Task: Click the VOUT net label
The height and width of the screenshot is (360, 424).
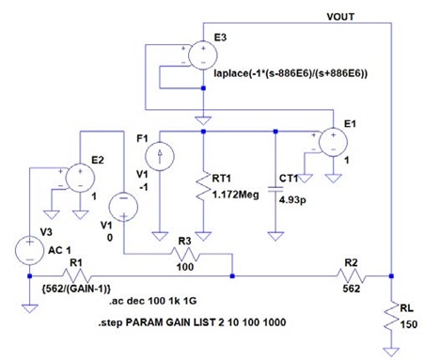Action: [340, 17]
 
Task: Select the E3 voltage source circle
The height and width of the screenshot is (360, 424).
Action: [203, 55]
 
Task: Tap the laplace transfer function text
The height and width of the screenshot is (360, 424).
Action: [291, 73]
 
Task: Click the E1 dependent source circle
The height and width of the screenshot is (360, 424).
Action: [333, 142]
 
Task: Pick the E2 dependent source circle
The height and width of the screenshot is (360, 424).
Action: [80, 178]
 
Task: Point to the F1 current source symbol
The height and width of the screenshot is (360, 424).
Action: [160, 156]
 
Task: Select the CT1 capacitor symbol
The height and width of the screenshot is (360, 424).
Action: [275, 189]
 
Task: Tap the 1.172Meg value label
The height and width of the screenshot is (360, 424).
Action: [236, 195]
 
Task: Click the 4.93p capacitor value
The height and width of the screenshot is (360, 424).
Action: [292, 199]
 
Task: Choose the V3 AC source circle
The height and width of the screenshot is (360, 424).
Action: [30, 251]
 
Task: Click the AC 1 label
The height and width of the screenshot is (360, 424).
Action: [59, 250]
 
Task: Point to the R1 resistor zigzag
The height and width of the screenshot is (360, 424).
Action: [76, 276]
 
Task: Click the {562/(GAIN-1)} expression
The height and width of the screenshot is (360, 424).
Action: [76, 289]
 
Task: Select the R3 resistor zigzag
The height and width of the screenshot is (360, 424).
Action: [185, 254]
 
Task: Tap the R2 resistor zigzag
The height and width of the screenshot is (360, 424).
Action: [351, 276]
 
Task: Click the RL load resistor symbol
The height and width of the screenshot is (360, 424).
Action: [391, 318]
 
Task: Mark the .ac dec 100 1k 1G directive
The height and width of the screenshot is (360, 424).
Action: [153, 301]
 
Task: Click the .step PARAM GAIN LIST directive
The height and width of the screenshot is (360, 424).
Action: [192, 322]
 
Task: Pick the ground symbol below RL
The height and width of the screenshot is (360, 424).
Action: [391, 352]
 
